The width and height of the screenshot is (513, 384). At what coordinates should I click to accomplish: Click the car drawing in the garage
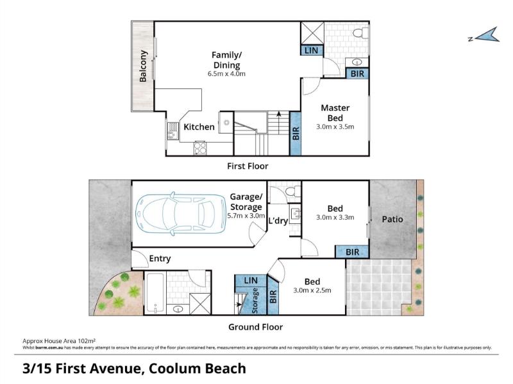181,214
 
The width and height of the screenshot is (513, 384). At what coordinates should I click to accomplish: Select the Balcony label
143,66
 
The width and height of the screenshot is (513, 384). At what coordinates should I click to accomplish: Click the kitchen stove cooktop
200,148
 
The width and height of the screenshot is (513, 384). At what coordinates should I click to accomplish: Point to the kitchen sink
172,131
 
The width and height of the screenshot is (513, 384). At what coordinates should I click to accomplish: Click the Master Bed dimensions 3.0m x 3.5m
335,127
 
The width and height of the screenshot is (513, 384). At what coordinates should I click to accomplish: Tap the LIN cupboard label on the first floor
311,51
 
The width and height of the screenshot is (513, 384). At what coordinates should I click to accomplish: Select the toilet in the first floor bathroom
361,33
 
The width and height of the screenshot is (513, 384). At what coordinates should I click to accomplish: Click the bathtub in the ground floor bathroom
155,293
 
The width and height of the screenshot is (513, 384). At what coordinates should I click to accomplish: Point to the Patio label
392,219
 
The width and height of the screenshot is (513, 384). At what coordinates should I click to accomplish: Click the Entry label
160,259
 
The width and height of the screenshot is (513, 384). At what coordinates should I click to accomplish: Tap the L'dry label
278,221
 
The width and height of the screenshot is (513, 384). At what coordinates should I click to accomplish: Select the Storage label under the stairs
255,301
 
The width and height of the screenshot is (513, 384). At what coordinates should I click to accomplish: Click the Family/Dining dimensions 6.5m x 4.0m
226,74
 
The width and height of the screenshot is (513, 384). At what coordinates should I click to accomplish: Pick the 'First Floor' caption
248,166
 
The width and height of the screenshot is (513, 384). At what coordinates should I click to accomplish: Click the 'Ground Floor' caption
255,327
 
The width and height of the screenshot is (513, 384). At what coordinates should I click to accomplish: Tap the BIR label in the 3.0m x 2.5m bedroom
273,296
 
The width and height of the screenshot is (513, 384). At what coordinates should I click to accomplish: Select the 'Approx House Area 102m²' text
59,341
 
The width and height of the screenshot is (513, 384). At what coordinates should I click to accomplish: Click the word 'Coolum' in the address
174,369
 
